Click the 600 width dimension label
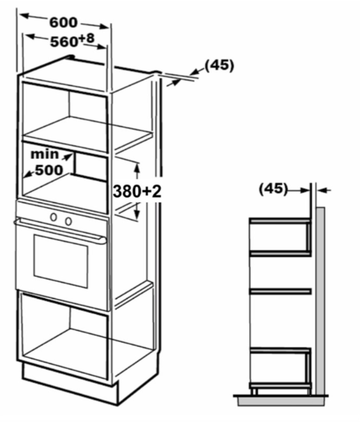click(63, 22)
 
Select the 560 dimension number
click(64, 42)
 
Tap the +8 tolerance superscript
click(87, 38)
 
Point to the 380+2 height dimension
click(137, 192)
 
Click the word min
click(45, 154)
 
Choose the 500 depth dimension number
click(49, 170)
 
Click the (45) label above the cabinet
click(220, 65)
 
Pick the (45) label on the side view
click(273, 189)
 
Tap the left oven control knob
click(54, 217)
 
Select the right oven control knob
click(68, 221)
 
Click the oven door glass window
click(61, 260)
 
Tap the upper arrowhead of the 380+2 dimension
click(137, 168)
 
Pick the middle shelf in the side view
click(281, 291)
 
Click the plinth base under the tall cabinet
click(70, 382)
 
